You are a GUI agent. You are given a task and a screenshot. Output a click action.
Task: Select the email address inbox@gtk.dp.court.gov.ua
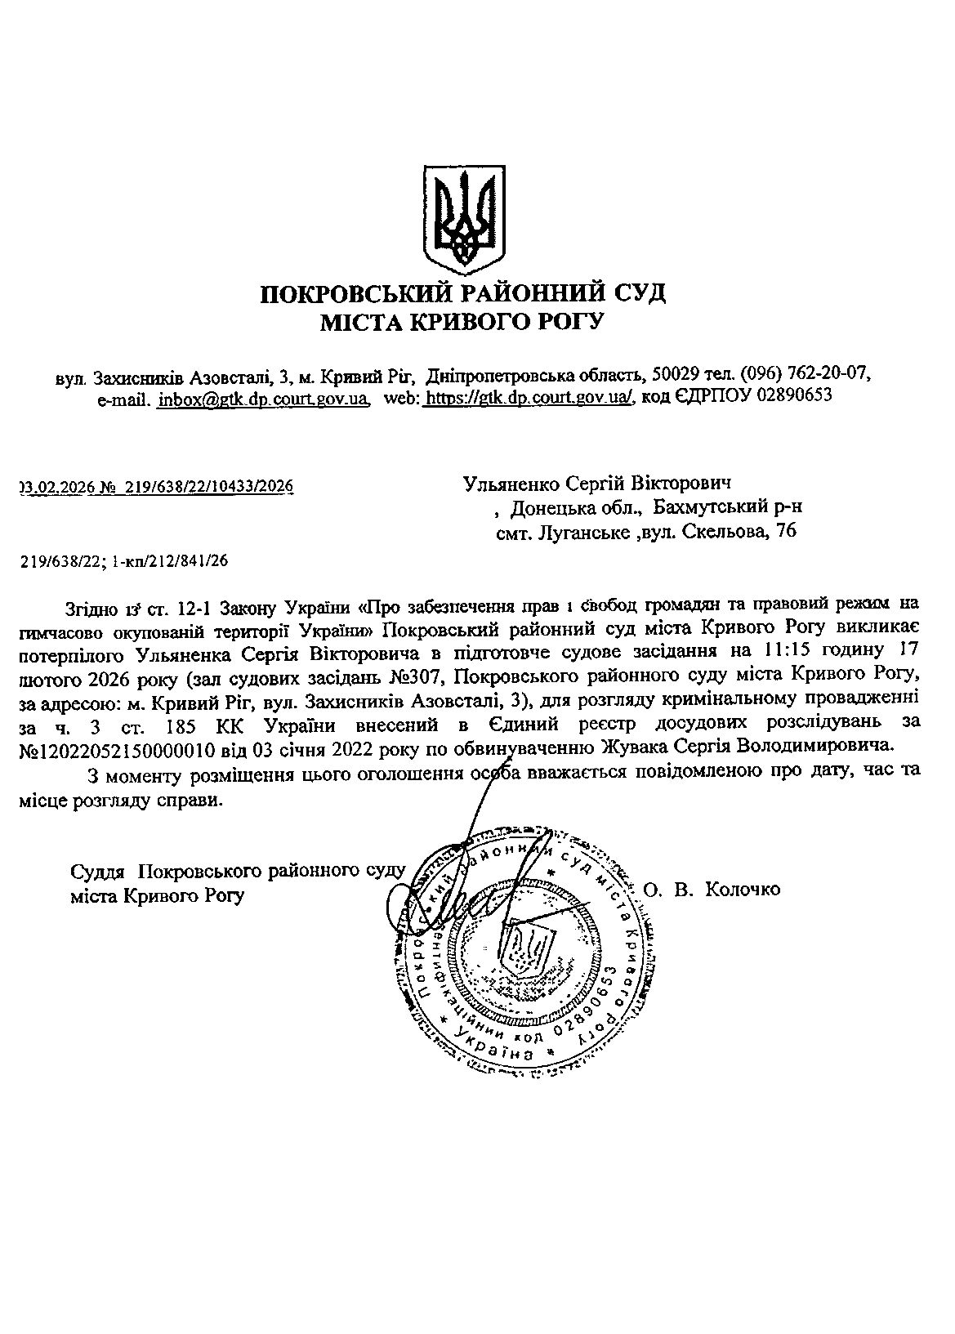pyautogui.click(x=263, y=398)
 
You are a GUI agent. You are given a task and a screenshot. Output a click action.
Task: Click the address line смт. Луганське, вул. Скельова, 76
pyautogui.click(x=645, y=532)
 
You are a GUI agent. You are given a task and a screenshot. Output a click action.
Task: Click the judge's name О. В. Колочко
pyautogui.click(x=712, y=889)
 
